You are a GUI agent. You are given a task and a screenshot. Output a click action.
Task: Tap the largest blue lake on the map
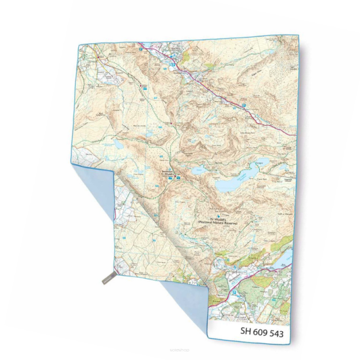[234, 184]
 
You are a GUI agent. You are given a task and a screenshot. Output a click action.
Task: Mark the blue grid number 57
[155, 98]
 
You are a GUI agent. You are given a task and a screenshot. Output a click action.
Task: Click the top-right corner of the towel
[298, 36]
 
